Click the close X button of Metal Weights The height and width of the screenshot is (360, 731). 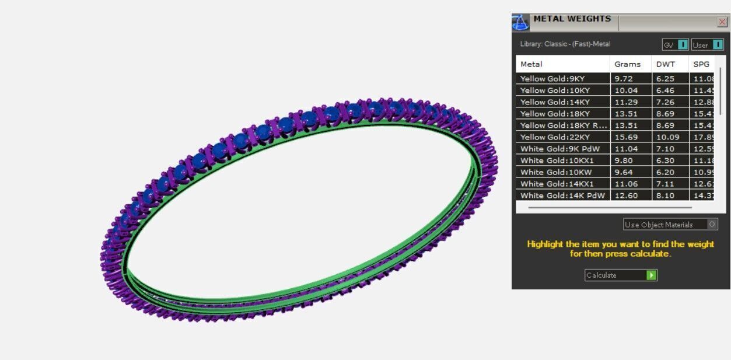[722, 22]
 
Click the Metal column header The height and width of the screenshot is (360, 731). [531, 64]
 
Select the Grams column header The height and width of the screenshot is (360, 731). [627, 64]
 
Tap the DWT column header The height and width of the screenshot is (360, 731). [665, 64]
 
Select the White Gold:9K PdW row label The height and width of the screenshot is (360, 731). [560, 149]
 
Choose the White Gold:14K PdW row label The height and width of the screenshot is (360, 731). [562, 195]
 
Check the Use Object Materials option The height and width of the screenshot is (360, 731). [712, 225]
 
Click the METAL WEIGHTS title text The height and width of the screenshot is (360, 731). [572, 19]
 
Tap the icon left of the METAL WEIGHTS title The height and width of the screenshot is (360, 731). [520, 23]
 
